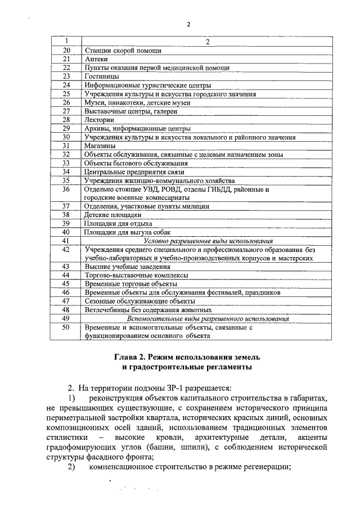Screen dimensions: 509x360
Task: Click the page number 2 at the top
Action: (188, 25)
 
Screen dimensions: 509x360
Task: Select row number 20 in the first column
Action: (66, 51)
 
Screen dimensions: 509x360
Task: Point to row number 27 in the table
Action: (66, 111)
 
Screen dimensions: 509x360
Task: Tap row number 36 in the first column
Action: (66, 190)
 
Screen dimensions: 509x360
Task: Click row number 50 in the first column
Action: (66, 327)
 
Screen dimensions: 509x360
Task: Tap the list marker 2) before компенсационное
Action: (71, 467)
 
